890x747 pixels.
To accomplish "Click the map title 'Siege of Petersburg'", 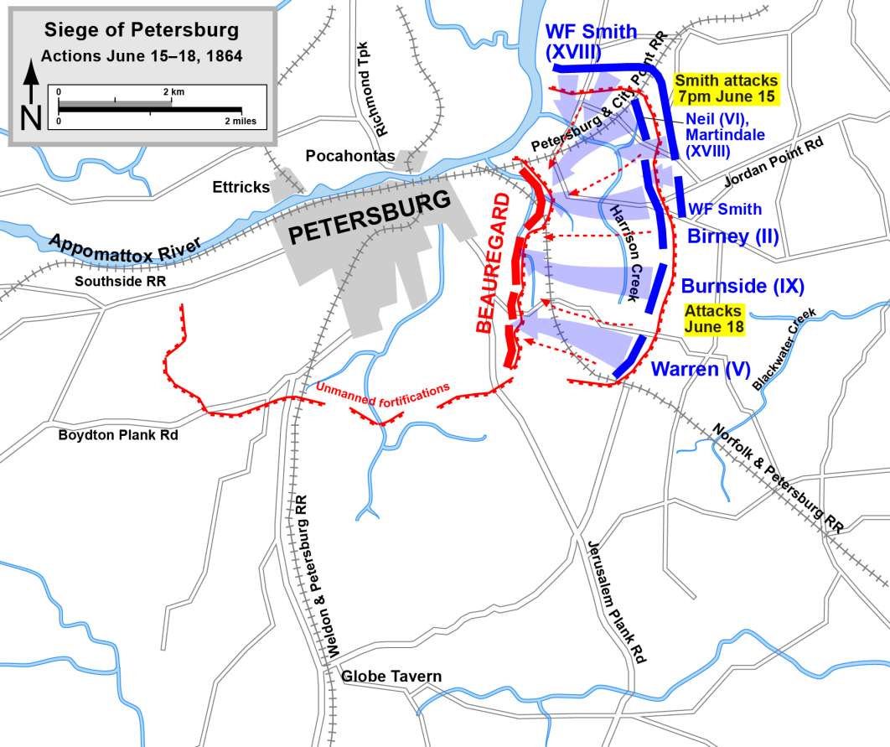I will pos(141,31).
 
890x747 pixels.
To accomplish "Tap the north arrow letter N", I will pos(31,118).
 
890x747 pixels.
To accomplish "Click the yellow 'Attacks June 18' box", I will pos(714,319).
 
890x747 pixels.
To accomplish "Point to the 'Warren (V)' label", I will pos(700,369).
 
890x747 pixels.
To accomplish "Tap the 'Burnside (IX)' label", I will pos(743,286).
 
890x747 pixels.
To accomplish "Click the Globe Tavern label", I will pos(391,676).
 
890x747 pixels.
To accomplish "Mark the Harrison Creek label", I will pos(629,252).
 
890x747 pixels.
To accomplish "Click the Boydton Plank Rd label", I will pos(118,435).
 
